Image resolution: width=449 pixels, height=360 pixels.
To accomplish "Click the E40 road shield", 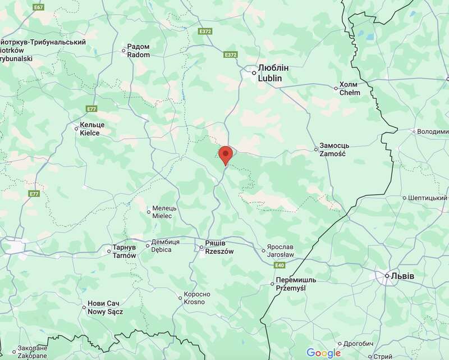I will pyautogui.click(x=281, y=265).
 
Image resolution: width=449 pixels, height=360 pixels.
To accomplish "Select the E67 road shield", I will pyautogui.click(x=38, y=7).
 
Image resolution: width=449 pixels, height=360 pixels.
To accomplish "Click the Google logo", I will pyautogui.click(x=324, y=353).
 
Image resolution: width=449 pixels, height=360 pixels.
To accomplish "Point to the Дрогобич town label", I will pyautogui.click(x=359, y=344).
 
